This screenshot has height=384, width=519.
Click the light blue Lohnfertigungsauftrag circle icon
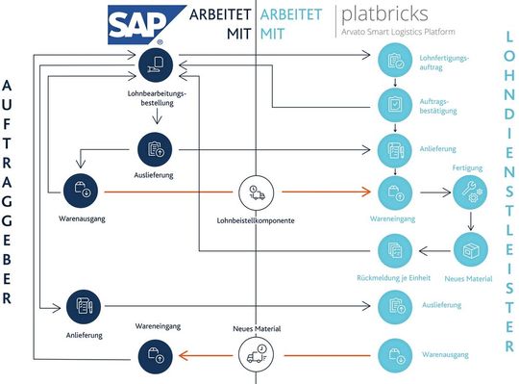tap(394, 63)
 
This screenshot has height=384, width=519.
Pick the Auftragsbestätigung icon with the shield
tap(394, 104)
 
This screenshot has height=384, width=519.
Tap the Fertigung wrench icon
tap(469, 192)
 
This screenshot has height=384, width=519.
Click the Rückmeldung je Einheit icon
tap(394, 251)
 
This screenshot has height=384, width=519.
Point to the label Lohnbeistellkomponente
tap(256, 221)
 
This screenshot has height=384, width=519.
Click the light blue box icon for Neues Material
tap(469, 251)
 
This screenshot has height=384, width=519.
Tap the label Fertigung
tap(468, 166)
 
